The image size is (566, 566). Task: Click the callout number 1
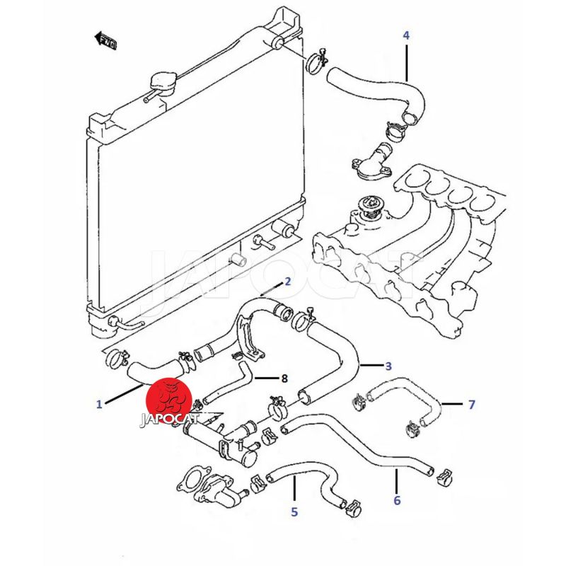point(100,405)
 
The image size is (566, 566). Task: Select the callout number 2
point(288,282)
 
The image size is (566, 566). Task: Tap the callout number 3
point(388,366)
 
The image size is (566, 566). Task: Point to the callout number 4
point(406,34)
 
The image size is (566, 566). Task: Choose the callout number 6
point(397,500)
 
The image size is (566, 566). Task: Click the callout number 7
point(471,405)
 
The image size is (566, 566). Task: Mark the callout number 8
point(284,379)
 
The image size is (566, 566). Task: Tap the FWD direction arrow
point(107,39)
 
